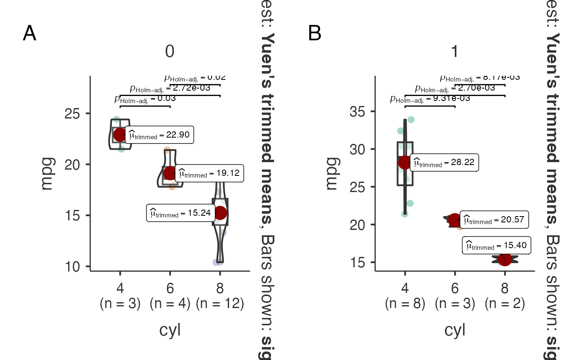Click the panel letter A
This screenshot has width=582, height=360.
point(30,34)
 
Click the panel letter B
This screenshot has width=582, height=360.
point(315,34)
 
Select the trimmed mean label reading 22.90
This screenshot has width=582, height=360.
point(160,135)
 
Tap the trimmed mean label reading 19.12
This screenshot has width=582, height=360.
point(209,173)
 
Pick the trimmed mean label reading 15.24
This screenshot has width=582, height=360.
point(181,213)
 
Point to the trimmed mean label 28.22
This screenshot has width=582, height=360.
point(444,162)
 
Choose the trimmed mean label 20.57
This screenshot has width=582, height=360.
point(494,220)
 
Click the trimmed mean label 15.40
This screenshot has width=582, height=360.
point(496,246)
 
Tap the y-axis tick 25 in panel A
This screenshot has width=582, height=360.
point(74,113)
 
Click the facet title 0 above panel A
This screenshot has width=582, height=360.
point(170,52)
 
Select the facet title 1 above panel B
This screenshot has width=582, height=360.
point(455,52)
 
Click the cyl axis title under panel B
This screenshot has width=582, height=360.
point(455,330)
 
